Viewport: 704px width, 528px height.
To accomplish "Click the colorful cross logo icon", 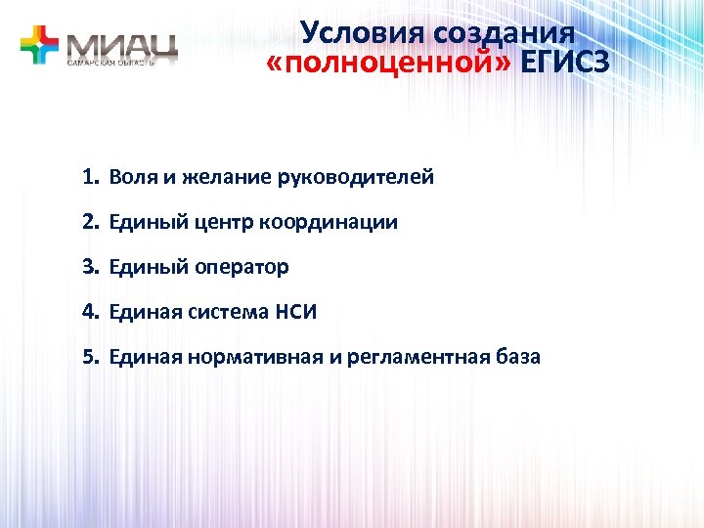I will [40, 45].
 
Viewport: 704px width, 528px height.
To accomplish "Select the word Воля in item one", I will [130, 178].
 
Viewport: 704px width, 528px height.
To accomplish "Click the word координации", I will [329, 223].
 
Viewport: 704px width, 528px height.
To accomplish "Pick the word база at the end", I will [516, 357].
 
